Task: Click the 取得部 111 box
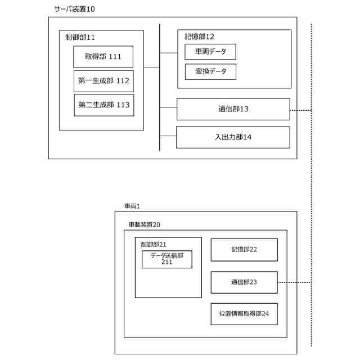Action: [103, 57]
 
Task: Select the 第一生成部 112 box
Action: [103, 81]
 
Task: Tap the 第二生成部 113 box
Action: [103, 105]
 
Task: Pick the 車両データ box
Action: [210, 52]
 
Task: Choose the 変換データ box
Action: [210, 72]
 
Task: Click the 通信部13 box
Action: [233, 109]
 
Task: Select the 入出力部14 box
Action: [233, 137]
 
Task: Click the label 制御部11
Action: [80, 37]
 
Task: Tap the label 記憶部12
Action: [199, 37]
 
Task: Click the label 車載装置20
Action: [144, 224]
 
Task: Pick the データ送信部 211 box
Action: [166, 259]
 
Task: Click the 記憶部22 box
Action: [244, 250]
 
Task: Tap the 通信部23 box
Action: [244, 282]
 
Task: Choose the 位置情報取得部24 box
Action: [244, 314]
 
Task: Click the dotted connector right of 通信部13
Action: [300, 110]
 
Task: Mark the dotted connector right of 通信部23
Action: [294, 282]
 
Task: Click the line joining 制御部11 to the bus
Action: [151, 67]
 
